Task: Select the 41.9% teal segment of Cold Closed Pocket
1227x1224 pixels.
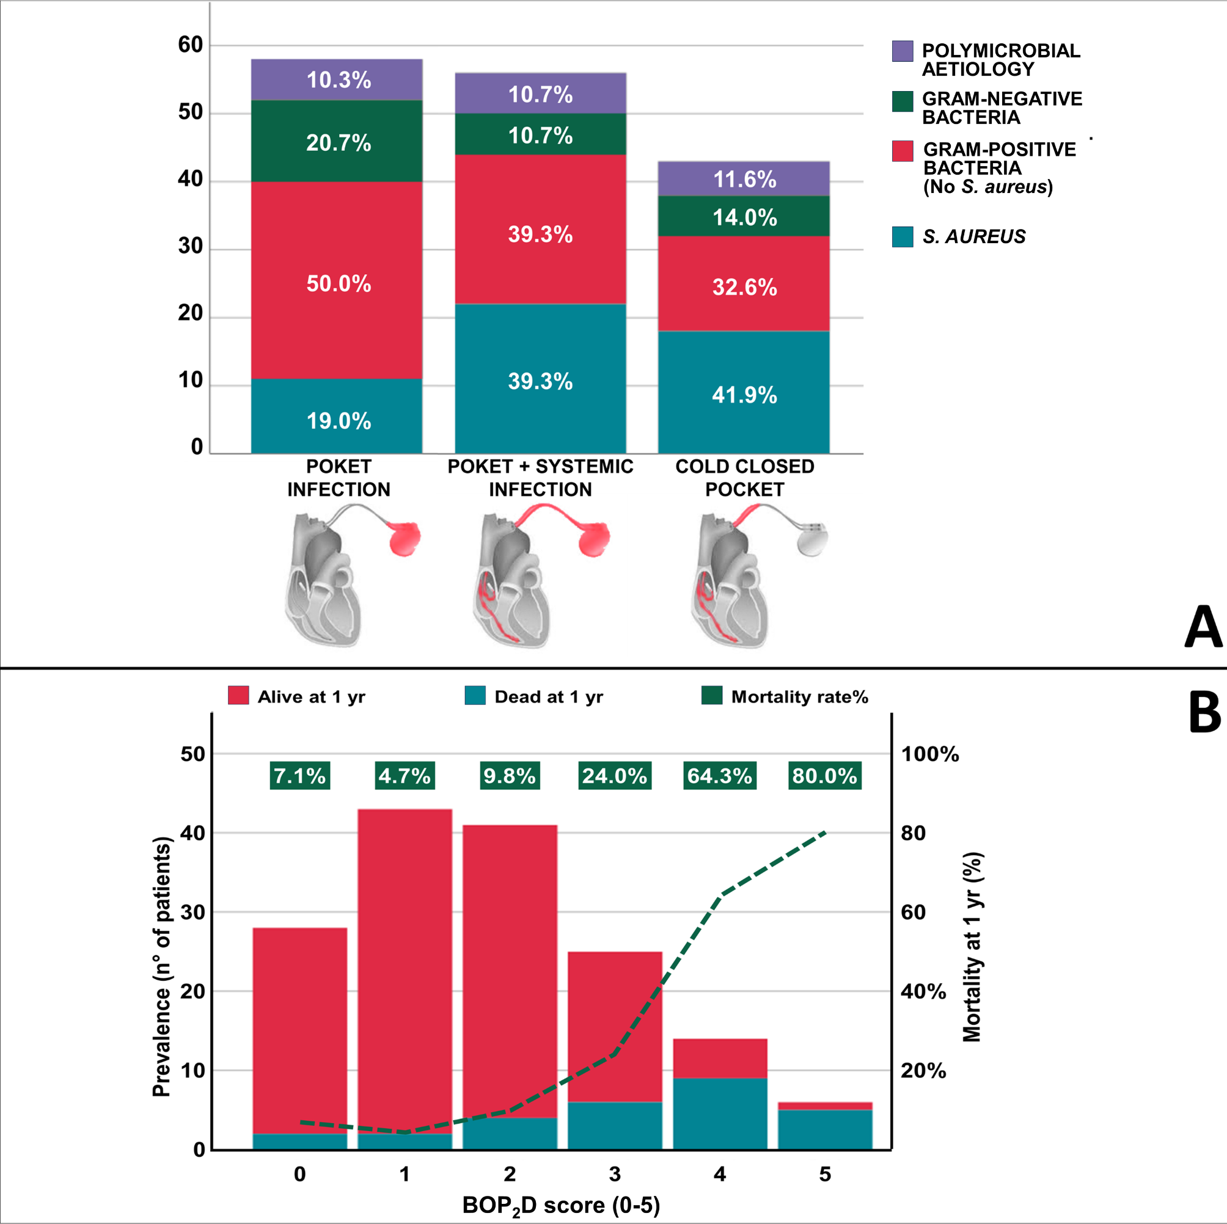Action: [x=744, y=393]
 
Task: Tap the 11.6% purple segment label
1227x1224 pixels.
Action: [x=744, y=179]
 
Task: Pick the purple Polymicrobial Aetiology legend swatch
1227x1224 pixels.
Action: [x=903, y=51]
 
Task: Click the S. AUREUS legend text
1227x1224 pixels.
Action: [x=973, y=237]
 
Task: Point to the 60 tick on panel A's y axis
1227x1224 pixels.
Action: [x=190, y=45]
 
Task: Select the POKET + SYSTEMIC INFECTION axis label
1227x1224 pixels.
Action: [x=540, y=478]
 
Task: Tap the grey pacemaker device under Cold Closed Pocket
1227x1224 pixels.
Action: [x=812, y=539]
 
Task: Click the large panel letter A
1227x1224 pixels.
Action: [x=1202, y=627]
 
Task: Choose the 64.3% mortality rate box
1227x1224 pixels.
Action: [x=720, y=776]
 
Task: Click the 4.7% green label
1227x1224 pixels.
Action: [x=405, y=776]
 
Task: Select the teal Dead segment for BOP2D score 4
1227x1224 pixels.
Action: [x=720, y=1113]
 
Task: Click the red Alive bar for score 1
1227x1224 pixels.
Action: [x=405, y=965]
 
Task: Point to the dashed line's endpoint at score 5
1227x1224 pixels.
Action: [x=824, y=832]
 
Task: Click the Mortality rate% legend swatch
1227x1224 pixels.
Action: [x=711, y=696]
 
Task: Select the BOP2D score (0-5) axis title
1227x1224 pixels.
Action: [x=561, y=1204]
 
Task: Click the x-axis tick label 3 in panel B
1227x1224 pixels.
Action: [x=614, y=1174]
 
